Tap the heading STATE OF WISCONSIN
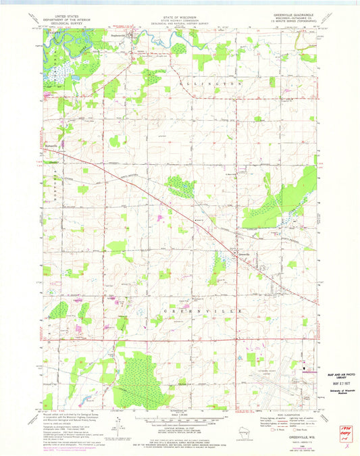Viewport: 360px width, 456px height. coord(179,12)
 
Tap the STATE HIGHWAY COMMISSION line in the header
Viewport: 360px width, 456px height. coord(179,16)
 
